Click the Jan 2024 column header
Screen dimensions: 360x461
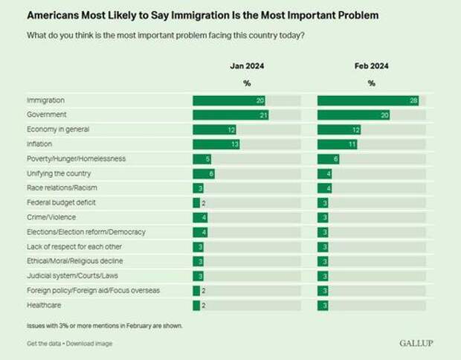(246, 66)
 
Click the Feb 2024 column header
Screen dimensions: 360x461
(371, 66)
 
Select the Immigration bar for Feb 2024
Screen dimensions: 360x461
(367, 100)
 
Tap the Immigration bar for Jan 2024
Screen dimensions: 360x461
(228, 100)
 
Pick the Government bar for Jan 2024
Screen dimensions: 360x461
(230, 115)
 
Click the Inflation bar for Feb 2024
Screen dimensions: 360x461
(337, 144)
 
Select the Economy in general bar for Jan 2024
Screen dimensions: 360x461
(214, 129)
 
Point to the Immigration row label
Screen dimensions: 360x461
(47, 100)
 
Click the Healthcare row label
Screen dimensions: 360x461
(45, 305)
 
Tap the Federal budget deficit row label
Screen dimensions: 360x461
(60, 202)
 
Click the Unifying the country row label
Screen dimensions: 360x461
(59, 173)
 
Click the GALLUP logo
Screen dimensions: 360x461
(416, 343)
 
